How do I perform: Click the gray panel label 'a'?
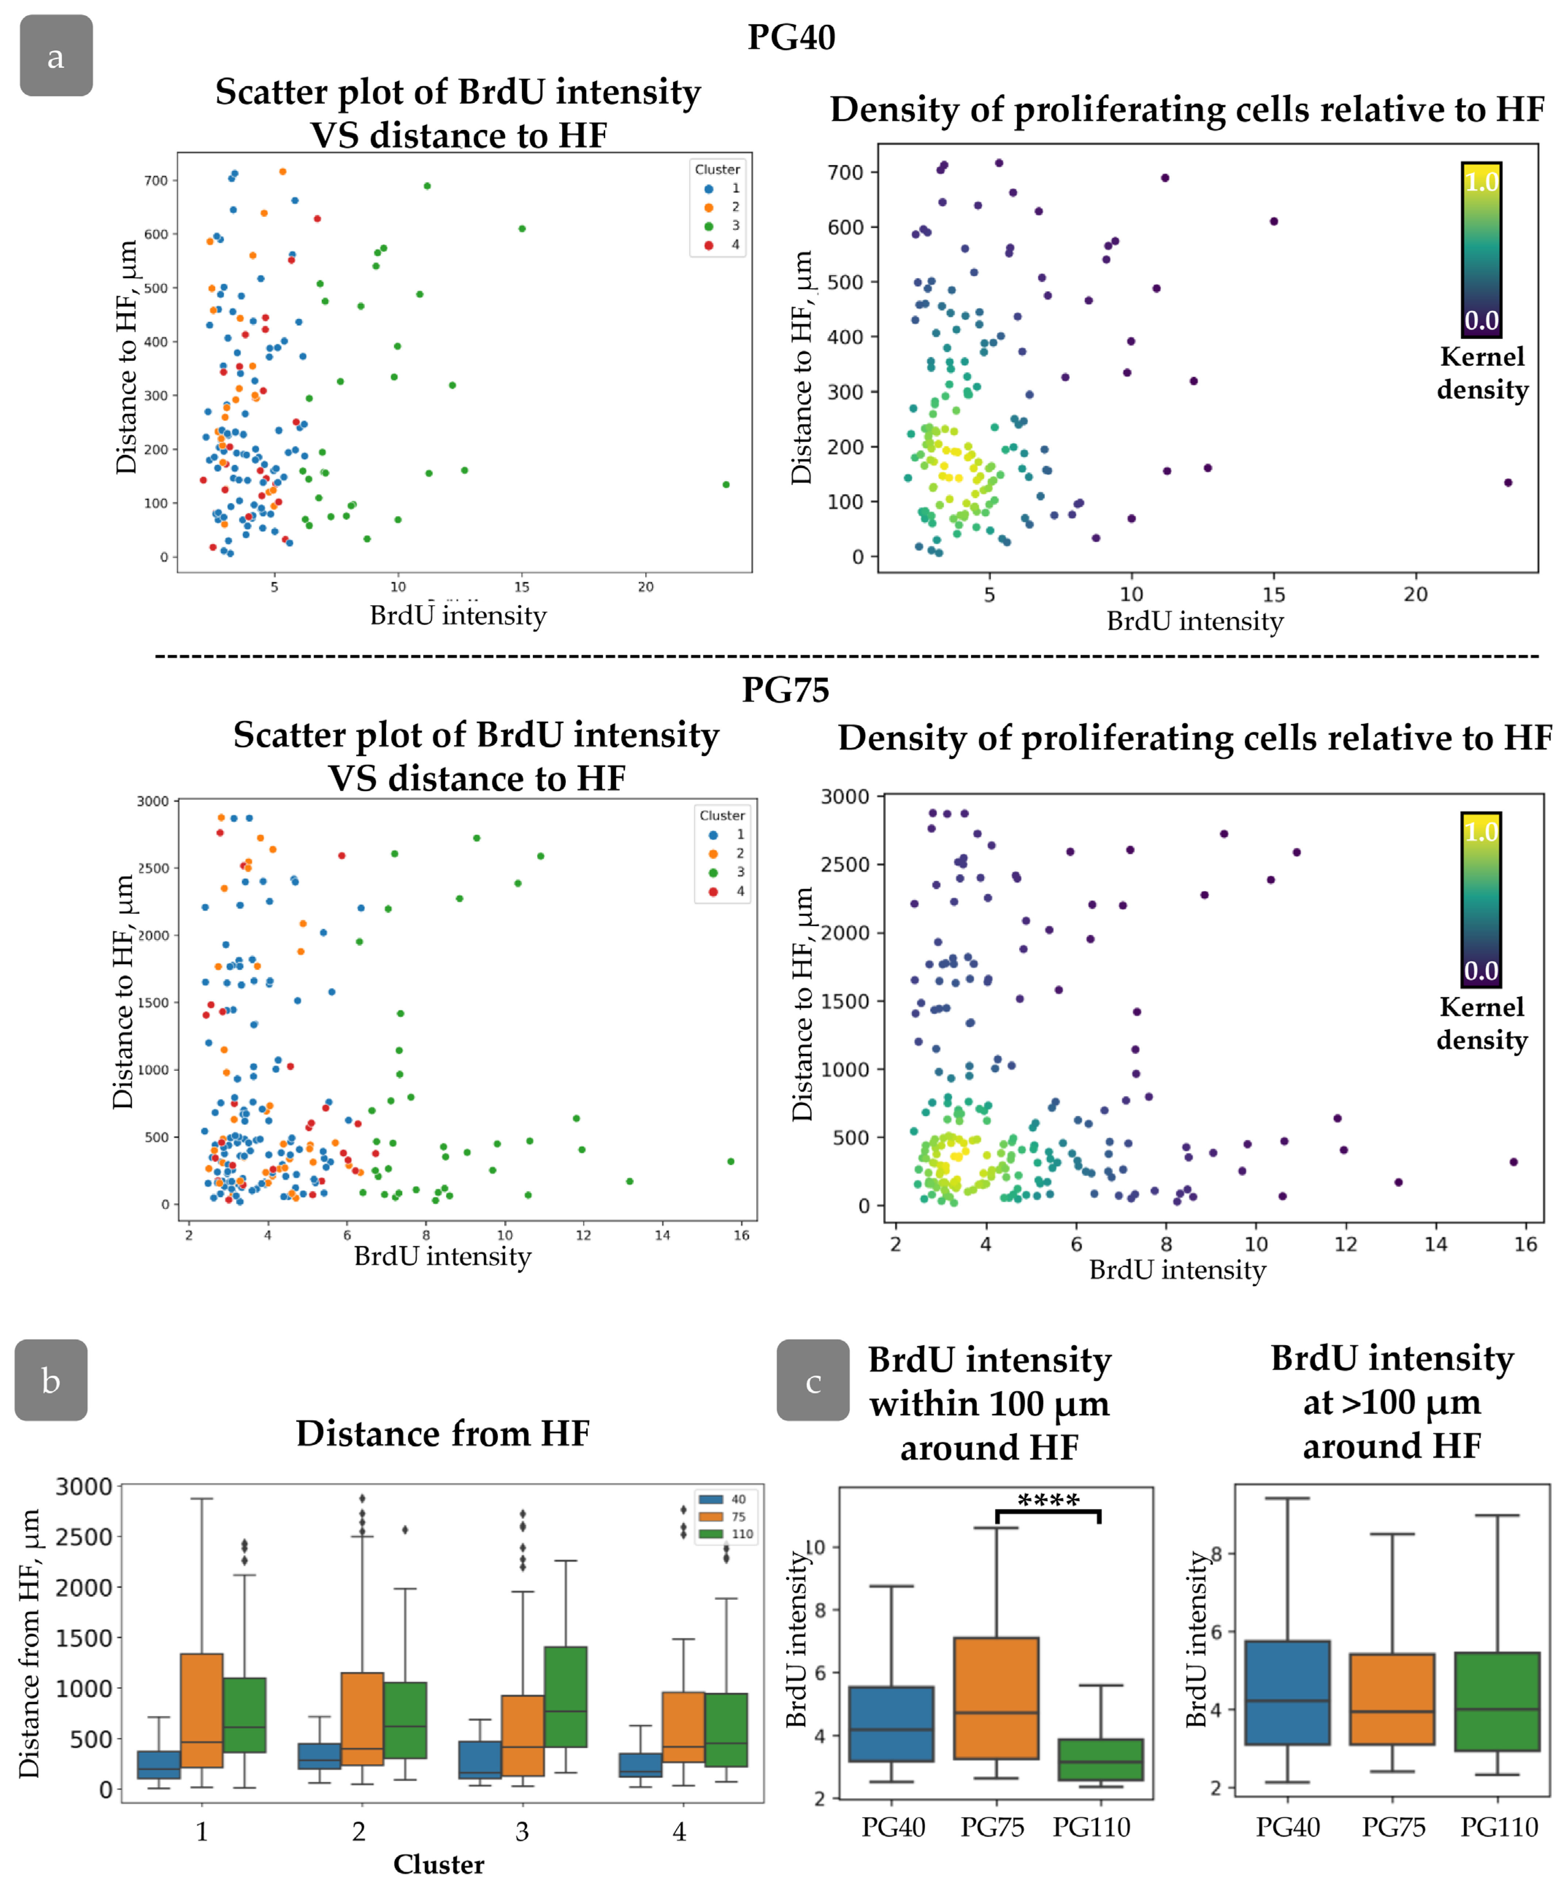[56, 56]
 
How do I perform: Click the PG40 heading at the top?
[791, 37]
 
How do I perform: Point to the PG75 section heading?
[785, 690]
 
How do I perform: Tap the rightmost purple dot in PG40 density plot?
[1507, 483]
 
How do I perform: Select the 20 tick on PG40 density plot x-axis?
[1416, 594]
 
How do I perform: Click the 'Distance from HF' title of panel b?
[443, 1433]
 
